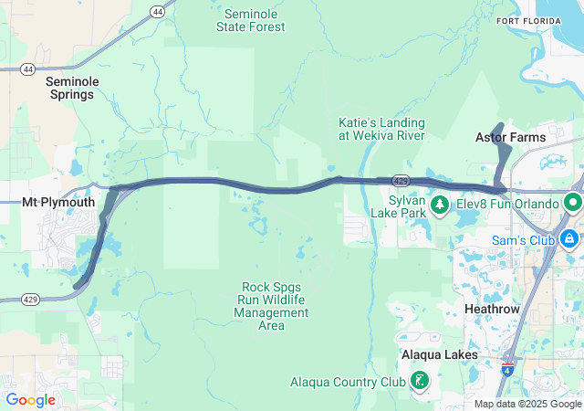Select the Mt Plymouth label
click(x=52, y=203)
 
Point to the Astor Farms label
click(x=511, y=138)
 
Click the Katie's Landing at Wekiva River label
click(x=381, y=129)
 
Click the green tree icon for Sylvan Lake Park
click(x=440, y=203)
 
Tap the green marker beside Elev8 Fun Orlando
click(x=574, y=202)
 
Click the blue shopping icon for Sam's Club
click(x=569, y=239)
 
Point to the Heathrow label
click(x=492, y=310)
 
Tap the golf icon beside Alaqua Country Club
click(x=420, y=380)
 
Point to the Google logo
click(x=30, y=400)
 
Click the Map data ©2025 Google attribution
click(x=527, y=404)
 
